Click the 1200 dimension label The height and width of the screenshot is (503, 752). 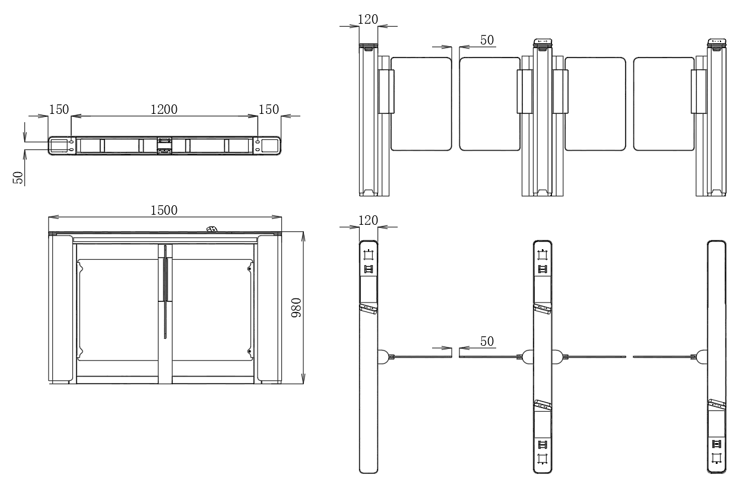(164, 109)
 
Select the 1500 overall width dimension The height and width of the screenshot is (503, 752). (164, 211)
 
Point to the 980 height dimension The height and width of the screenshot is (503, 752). (296, 308)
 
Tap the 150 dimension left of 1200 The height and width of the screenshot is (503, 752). (59, 109)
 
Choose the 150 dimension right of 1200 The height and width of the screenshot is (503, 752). (268, 109)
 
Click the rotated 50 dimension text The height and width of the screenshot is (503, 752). (18, 178)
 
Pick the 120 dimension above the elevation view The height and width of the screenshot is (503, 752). (368, 20)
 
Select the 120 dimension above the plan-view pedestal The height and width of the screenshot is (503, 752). (368, 221)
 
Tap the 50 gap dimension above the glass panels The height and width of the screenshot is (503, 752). (487, 40)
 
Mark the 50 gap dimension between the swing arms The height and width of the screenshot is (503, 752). (487, 342)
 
